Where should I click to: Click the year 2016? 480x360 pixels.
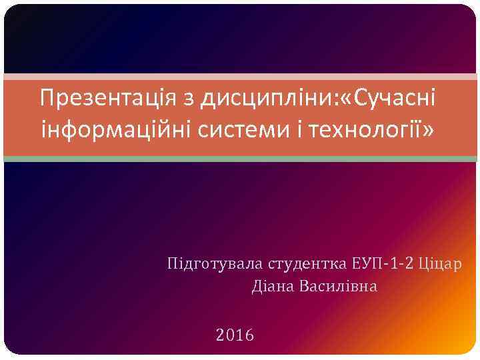click(x=235, y=334)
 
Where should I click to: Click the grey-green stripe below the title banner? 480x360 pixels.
click(x=240, y=159)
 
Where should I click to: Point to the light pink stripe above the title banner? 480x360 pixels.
click(x=240, y=77)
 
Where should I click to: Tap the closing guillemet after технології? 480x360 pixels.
click(x=427, y=129)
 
